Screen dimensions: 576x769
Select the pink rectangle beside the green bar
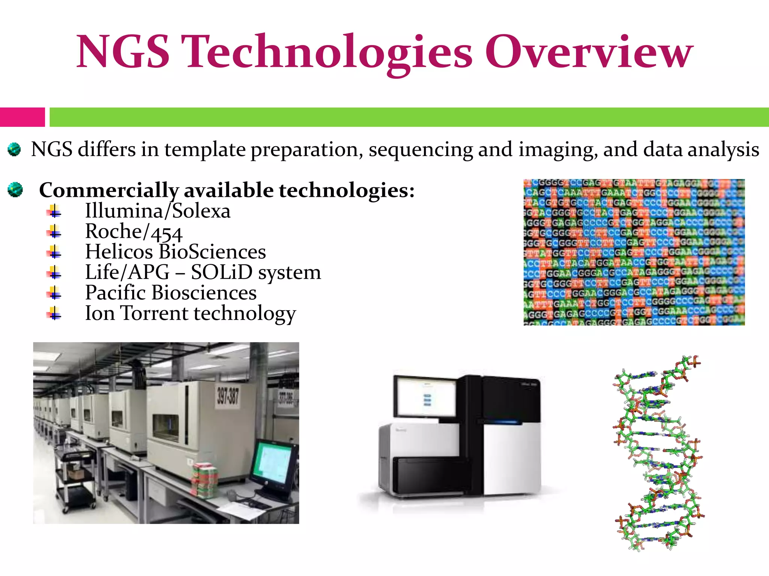point(22,117)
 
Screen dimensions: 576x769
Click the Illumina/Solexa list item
point(158,211)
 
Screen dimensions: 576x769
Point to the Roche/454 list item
point(134,232)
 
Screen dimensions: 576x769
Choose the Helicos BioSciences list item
point(175,252)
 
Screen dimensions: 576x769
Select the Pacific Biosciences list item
point(171,293)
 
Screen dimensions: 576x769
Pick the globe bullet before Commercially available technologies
point(15,190)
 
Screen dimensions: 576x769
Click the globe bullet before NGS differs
point(14,150)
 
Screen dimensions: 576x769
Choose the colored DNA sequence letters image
point(634,252)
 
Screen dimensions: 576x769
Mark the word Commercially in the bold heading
point(109,190)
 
